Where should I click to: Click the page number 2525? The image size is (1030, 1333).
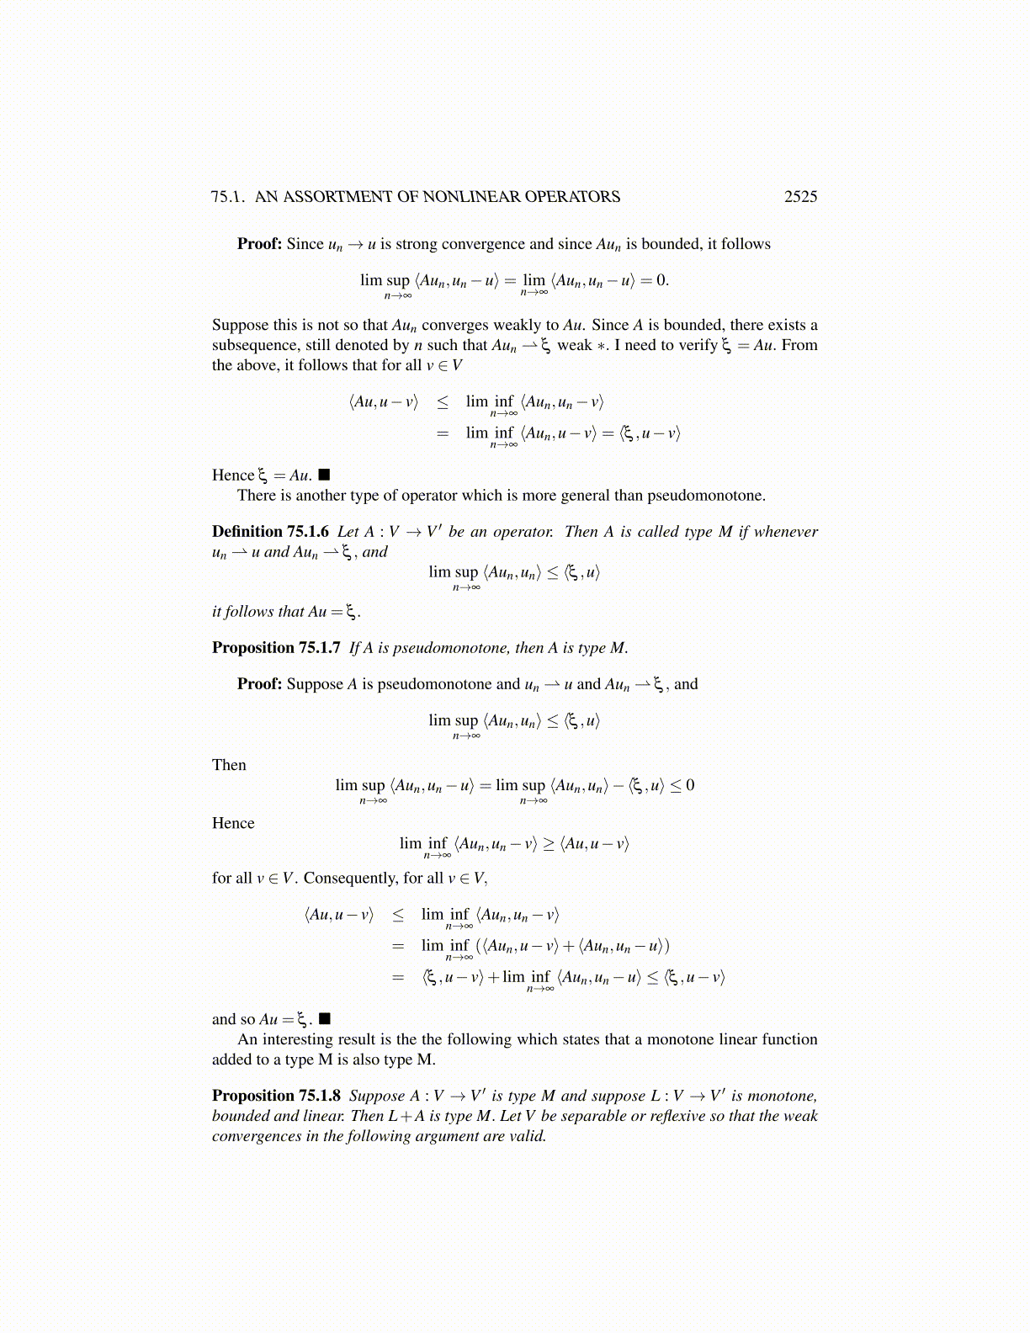click(x=800, y=197)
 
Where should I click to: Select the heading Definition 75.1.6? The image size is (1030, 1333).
click(x=270, y=532)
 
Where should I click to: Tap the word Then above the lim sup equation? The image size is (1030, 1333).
click(x=229, y=765)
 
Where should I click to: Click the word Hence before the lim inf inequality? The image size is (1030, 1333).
click(x=233, y=823)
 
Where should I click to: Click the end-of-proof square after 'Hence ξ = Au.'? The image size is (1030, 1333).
click(x=325, y=475)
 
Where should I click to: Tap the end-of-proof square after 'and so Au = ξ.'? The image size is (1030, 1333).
click(x=325, y=1019)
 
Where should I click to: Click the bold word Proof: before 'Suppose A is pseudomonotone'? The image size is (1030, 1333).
click(x=259, y=684)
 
